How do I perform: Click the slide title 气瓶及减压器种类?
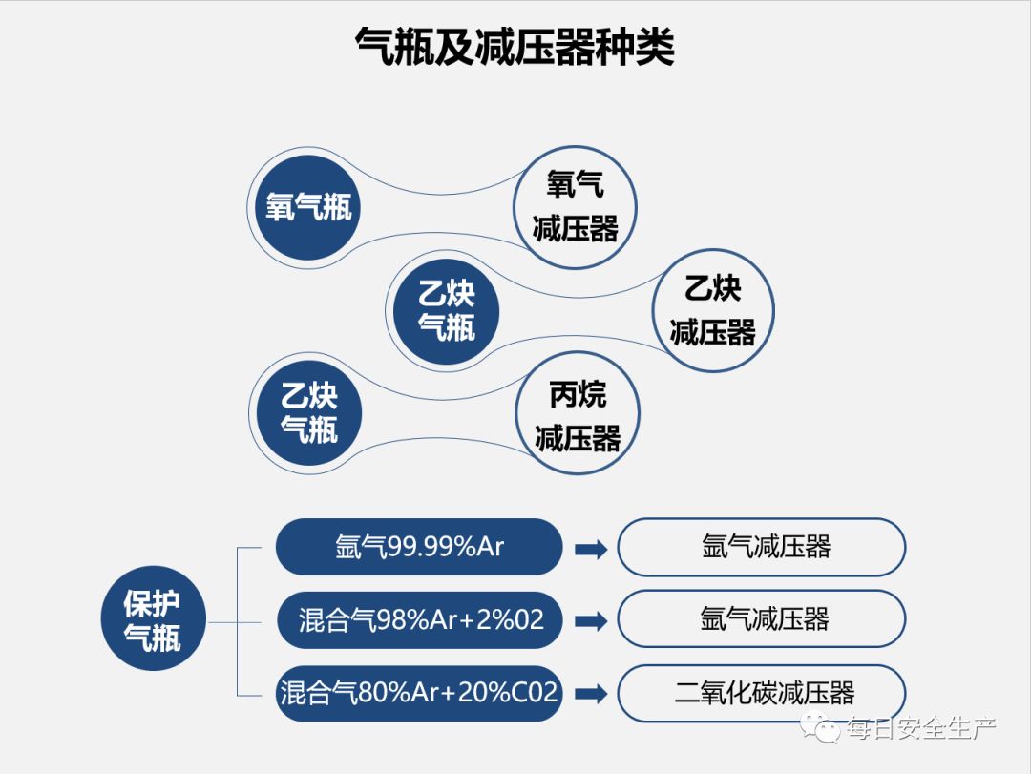click(x=515, y=46)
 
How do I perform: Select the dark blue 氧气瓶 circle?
click(x=307, y=207)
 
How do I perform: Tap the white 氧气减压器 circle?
click(x=575, y=207)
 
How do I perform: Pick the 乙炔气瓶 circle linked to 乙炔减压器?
click(x=446, y=309)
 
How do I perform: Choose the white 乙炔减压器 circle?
click(x=712, y=309)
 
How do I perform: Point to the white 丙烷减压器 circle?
click(x=577, y=414)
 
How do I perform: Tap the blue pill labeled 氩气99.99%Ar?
click(x=419, y=547)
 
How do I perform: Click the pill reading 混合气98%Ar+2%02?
click(x=419, y=619)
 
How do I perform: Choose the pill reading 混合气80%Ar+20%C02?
click(x=419, y=693)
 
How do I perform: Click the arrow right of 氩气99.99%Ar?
click(x=591, y=549)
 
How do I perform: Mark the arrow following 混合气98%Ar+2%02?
click(x=591, y=621)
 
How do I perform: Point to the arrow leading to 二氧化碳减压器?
click(x=591, y=694)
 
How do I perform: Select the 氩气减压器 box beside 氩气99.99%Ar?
click(x=762, y=547)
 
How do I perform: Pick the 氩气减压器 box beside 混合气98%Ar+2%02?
click(x=762, y=619)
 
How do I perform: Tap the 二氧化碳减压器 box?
click(x=762, y=693)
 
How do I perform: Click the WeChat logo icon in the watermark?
click(x=820, y=730)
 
